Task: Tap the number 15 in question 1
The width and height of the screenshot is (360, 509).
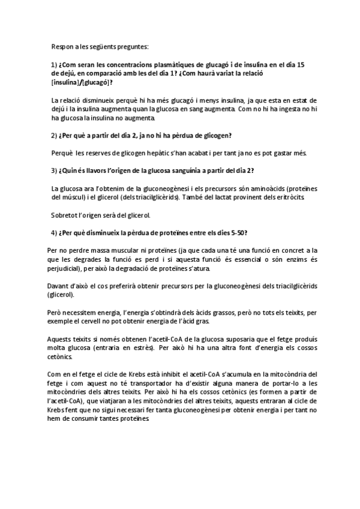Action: pyautogui.click(x=301, y=65)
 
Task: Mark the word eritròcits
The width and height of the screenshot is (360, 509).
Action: pyautogui.click(x=289, y=197)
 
